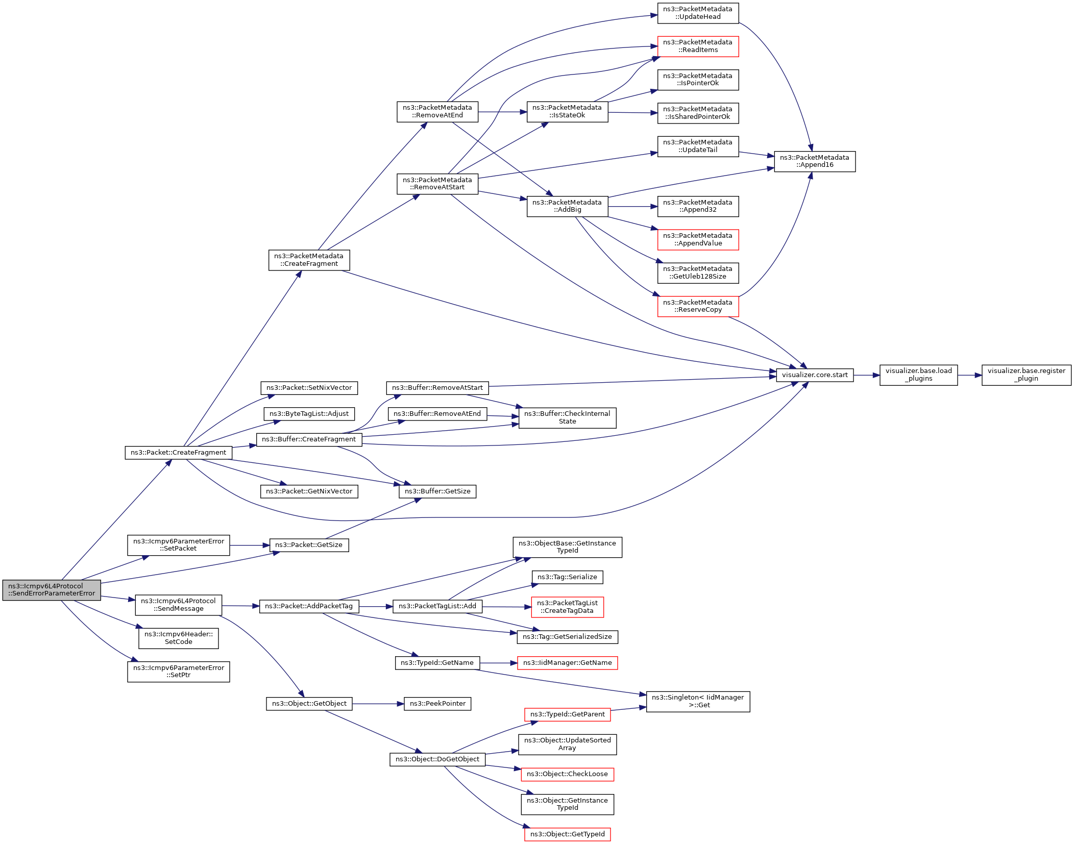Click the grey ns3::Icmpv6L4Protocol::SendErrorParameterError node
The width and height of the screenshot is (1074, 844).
point(52,590)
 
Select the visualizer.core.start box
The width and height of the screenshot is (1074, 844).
point(815,375)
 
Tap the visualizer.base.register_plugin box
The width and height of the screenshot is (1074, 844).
point(1026,375)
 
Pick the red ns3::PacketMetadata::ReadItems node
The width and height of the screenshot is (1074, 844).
point(698,46)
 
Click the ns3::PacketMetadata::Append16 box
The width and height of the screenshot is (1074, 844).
point(815,162)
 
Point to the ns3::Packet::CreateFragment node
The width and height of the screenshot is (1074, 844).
point(179,453)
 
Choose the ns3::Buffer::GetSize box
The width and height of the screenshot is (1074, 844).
point(437,491)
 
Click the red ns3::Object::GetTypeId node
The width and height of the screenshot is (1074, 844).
point(567,834)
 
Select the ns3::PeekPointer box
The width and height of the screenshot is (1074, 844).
point(437,704)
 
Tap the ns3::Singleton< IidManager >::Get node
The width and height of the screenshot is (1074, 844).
point(698,702)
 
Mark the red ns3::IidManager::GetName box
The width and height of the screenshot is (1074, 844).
point(567,663)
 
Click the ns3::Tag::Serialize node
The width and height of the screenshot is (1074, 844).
point(567,577)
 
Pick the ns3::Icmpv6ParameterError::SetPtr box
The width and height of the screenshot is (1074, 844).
point(179,672)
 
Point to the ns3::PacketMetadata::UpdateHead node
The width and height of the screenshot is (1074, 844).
point(698,13)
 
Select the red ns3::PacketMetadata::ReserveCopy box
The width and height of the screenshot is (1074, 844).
point(698,306)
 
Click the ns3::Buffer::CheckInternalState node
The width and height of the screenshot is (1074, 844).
point(567,418)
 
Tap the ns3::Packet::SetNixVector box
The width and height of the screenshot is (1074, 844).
point(309,388)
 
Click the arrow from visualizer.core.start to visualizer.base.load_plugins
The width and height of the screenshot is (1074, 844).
point(867,375)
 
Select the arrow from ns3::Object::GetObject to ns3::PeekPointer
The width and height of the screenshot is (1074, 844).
point(378,704)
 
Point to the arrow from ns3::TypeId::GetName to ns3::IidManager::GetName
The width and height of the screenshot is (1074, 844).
point(499,663)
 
